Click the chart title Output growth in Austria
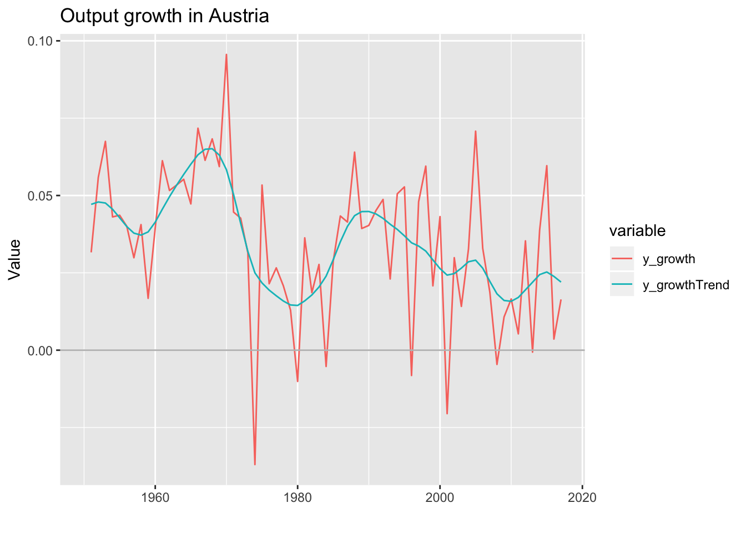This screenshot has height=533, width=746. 164,16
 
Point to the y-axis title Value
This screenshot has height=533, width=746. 15,259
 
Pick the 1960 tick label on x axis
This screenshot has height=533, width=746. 155,497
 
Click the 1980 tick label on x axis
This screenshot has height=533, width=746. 298,497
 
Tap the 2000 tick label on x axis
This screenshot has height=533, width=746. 440,497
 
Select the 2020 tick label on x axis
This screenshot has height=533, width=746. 582,497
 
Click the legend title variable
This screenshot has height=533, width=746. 637,230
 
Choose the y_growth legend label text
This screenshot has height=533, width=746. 669,259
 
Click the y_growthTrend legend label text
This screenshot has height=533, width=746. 686,285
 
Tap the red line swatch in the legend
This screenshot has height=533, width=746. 622,259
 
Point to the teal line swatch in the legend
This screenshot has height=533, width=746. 622,284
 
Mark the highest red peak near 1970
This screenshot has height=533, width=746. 226,54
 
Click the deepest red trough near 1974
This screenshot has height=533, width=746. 255,464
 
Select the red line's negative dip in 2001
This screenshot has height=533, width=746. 447,414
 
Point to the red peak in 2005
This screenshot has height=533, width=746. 476,131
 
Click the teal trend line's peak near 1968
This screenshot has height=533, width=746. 210,148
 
